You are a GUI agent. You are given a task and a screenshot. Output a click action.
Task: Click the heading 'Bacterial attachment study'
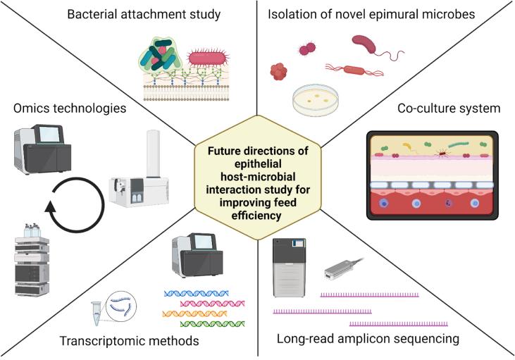[x=144, y=15]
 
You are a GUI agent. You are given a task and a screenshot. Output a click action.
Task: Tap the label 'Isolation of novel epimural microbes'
[x=371, y=15]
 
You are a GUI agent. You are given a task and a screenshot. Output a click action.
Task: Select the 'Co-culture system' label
[x=449, y=108]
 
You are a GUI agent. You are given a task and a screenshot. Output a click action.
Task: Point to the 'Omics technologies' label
[x=70, y=108]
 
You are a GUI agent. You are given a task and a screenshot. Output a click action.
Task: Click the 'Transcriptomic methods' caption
[x=129, y=341]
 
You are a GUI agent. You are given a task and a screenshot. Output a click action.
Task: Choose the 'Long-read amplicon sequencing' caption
[x=368, y=339]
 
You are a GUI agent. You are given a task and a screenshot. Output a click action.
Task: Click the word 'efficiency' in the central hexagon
[x=256, y=216]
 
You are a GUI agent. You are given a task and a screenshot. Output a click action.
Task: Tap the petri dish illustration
[x=316, y=100]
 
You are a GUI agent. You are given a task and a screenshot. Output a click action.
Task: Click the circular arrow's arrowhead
[x=50, y=208]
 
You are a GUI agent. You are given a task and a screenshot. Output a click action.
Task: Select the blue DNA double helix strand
[x=196, y=293]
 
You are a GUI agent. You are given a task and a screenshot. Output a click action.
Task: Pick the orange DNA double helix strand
[x=194, y=314]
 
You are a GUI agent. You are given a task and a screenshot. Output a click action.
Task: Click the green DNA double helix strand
[x=213, y=324]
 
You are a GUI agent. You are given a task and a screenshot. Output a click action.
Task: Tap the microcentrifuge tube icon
[x=97, y=314]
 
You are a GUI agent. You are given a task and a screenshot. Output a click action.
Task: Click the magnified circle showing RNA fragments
[x=121, y=306]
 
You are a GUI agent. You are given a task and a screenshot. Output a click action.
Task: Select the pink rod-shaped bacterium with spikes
[x=208, y=58]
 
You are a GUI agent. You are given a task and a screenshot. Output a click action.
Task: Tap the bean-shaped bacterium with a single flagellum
[x=364, y=44]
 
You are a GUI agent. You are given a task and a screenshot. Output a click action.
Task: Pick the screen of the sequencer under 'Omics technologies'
[x=49, y=135]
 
